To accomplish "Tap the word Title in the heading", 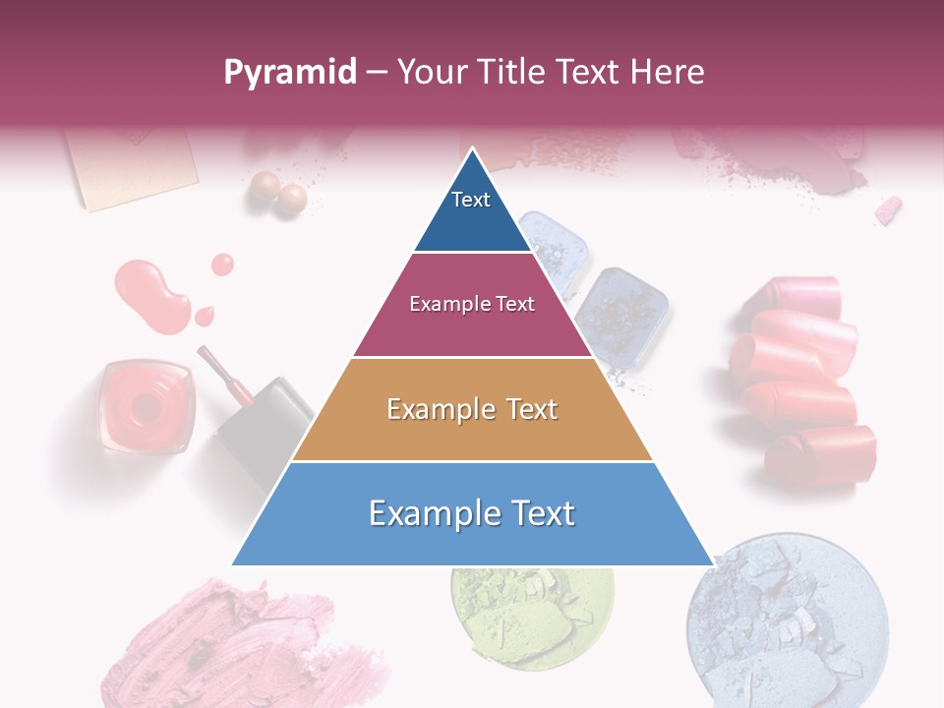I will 514,73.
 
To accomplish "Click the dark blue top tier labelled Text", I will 472,210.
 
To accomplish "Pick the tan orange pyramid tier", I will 472,409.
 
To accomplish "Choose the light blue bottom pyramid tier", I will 472,513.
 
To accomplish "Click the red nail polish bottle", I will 146,404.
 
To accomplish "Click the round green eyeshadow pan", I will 532,615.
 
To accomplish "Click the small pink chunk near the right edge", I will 887,209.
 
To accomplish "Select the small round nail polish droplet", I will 222,264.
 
